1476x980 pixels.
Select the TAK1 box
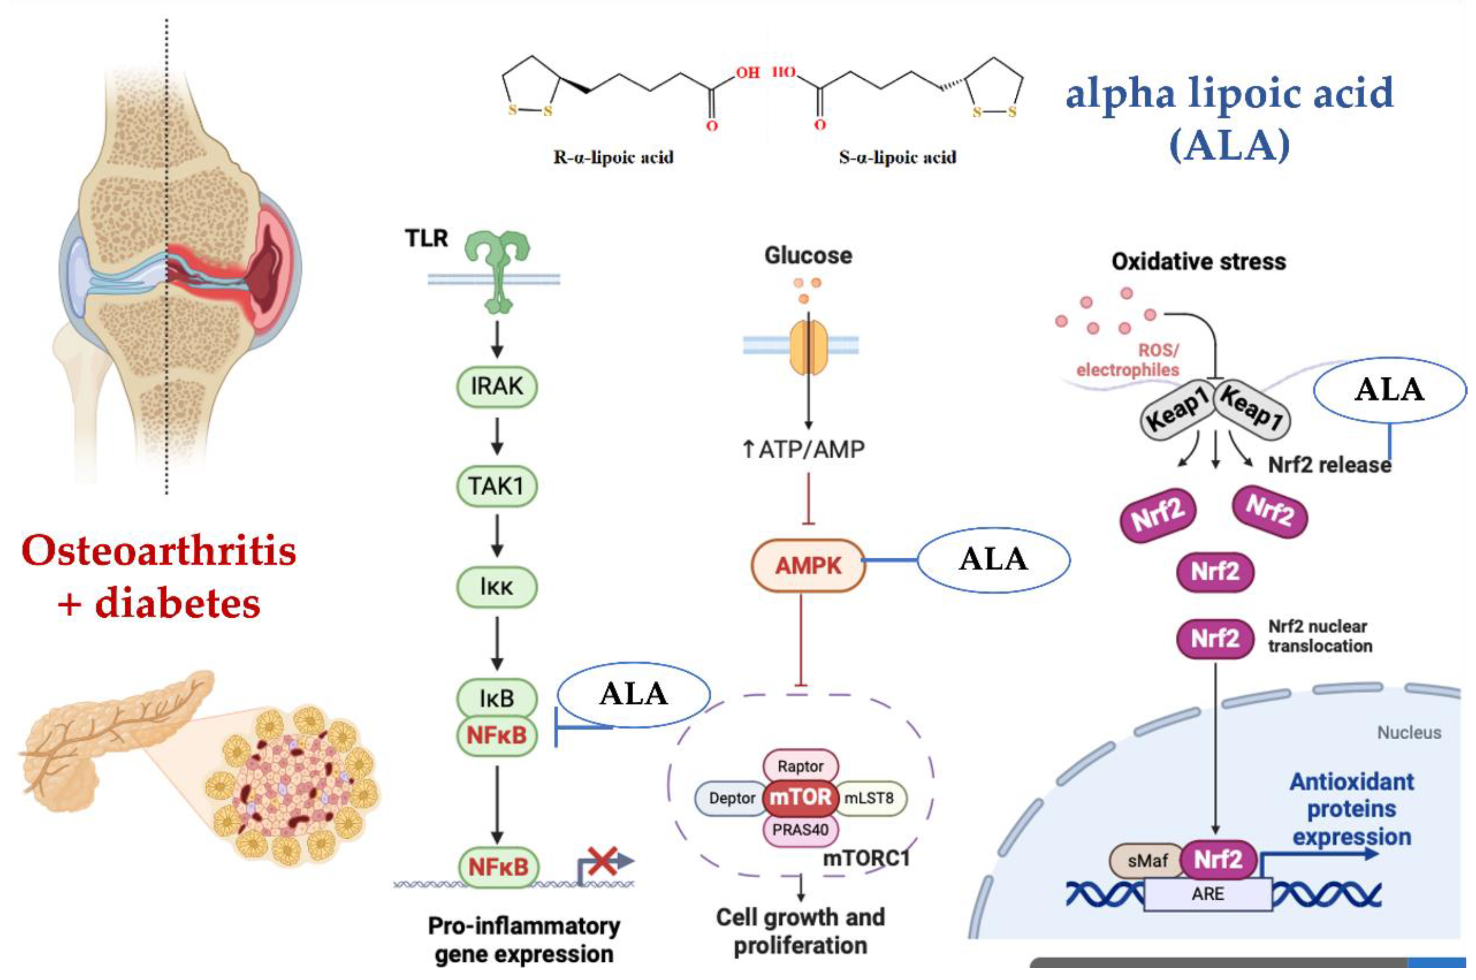[x=496, y=486]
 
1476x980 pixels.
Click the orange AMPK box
[x=807, y=566]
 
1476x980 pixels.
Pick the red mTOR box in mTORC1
[x=800, y=798]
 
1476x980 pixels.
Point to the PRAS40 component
[x=800, y=830]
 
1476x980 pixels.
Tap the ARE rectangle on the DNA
[x=1207, y=894]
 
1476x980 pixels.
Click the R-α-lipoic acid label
[x=613, y=157]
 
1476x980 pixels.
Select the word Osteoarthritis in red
[x=159, y=551]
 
